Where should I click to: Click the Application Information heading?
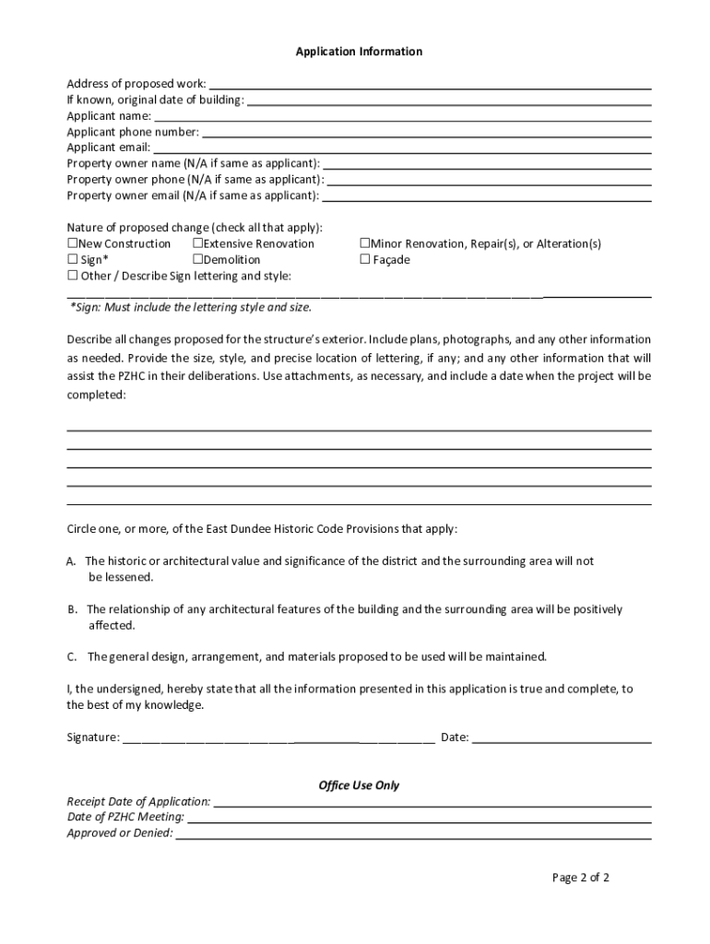coord(359,52)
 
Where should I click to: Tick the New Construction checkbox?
coord(73,244)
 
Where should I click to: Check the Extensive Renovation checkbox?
coord(197,244)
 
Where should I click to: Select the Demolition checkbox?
coord(197,260)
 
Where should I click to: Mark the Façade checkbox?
coord(365,260)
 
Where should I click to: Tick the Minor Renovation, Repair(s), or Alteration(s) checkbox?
coord(365,244)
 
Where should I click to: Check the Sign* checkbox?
coord(73,260)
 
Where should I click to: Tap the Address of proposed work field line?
coord(430,86)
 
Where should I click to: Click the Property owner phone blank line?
coord(489,181)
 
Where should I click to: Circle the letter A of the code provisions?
coord(71,560)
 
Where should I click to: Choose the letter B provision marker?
coord(71,609)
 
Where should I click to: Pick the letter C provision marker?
coord(71,657)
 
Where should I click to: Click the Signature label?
coord(92,737)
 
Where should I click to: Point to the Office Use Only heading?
coord(359,785)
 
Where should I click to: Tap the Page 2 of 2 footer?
coord(581,878)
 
